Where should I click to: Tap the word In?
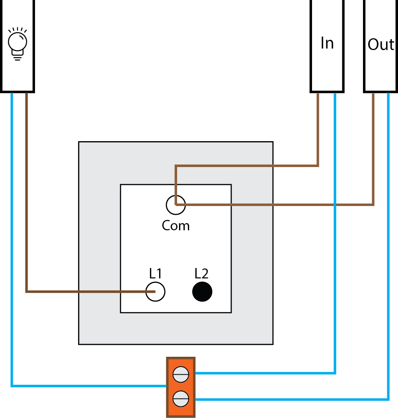pos(327,43)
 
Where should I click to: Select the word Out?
pos(380,44)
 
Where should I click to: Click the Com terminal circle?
pos(176,205)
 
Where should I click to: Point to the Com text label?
pos(176,226)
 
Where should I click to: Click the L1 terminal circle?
pos(155,292)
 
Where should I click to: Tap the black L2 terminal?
pos(202,292)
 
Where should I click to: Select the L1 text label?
pos(155,273)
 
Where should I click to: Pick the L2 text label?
pos(201,273)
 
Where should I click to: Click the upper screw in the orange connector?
pos(181,374)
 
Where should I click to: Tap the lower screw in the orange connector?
pos(181,399)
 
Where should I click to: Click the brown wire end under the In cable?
pos(318,95)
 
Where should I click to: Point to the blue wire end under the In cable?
pos(335,95)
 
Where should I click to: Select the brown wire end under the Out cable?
pos(373,95)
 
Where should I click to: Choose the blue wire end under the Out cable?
pos(388,95)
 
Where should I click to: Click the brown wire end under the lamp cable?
pos(27,95)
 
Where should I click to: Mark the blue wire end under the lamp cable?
pos(12,95)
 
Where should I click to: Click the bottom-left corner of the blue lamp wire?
pos(12,385)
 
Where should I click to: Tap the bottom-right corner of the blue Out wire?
pos(388,399)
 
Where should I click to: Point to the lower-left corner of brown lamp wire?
pos(27,292)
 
